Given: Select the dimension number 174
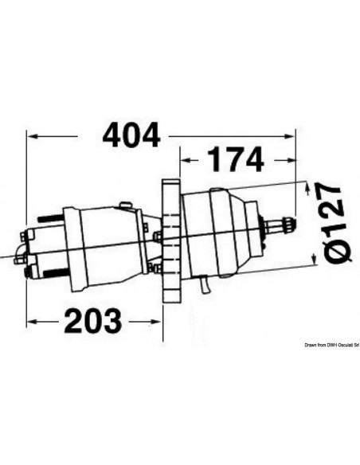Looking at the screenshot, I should (235, 160).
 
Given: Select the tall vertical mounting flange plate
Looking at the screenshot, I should (169, 243).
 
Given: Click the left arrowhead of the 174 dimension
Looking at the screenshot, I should (184, 160).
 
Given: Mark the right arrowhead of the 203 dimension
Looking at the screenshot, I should (158, 322).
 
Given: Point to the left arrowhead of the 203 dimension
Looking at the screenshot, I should (32, 322).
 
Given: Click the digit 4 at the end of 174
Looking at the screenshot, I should (252, 160).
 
